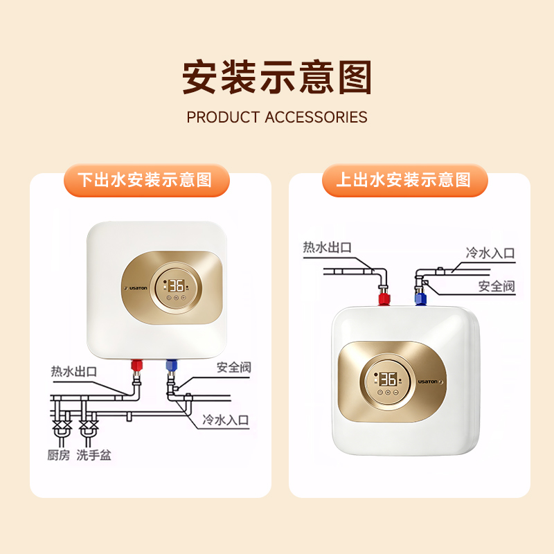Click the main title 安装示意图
pyautogui.click(x=277, y=77)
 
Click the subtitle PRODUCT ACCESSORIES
pyautogui.click(x=277, y=117)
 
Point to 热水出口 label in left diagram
pyautogui.click(x=74, y=372)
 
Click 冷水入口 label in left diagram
pyautogui.click(x=225, y=419)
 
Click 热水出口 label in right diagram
pyautogui.click(x=328, y=247)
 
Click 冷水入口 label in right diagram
pyautogui.click(x=490, y=253)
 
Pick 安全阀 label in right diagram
pyautogui.click(x=497, y=285)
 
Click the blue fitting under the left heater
pyautogui.click(x=170, y=364)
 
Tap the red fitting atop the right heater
pyautogui.click(x=383, y=300)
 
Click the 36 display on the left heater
pyautogui.click(x=175, y=285)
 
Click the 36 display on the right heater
pyautogui.click(x=387, y=379)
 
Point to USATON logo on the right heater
pyautogui.click(x=429, y=379)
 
